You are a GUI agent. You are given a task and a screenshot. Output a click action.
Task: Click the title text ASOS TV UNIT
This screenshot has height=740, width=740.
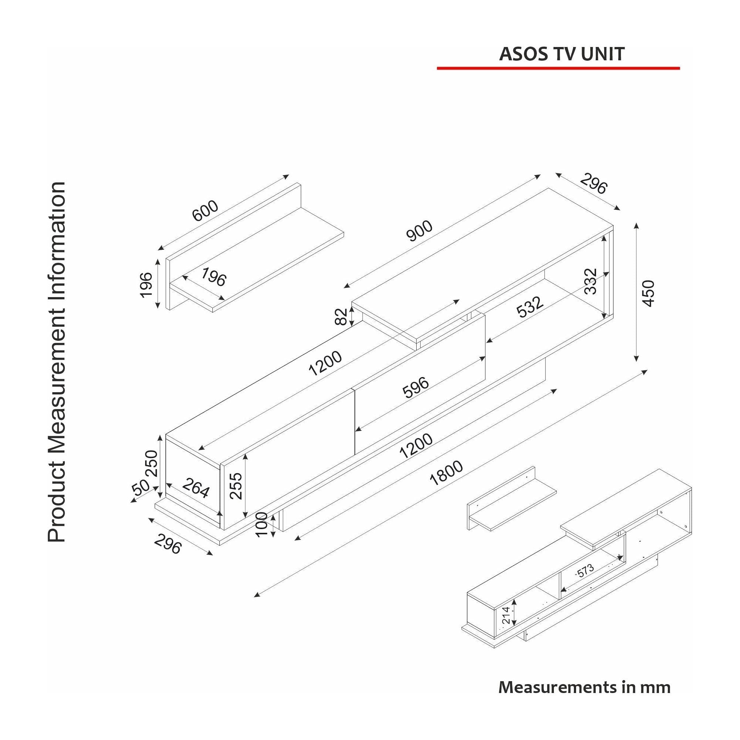pyautogui.click(x=562, y=54)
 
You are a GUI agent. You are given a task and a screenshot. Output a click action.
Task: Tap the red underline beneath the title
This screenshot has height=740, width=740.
pyautogui.click(x=558, y=68)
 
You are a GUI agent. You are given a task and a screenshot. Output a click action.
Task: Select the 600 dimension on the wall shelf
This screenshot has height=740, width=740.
pyautogui.click(x=205, y=211)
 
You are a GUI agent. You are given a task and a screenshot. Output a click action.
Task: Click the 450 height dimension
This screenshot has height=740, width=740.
pyautogui.click(x=649, y=293)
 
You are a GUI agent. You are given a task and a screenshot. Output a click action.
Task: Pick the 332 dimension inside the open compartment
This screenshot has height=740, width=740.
pyautogui.click(x=591, y=281)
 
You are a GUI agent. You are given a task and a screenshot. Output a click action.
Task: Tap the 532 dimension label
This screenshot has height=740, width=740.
pyautogui.click(x=530, y=307)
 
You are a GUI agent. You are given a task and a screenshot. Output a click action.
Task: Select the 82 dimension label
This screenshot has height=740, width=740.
pyautogui.click(x=341, y=316)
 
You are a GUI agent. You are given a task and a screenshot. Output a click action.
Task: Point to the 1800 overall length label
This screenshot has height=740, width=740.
pyautogui.click(x=446, y=473)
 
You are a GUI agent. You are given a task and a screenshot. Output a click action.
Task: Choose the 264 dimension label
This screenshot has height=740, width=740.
pyautogui.click(x=196, y=488)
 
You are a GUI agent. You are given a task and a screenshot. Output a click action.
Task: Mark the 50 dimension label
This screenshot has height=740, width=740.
pyautogui.click(x=141, y=487)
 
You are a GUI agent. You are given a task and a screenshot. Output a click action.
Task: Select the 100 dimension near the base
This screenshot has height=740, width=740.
pyautogui.click(x=261, y=524)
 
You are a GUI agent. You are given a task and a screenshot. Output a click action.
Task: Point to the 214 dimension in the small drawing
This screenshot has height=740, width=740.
pyautogui.click(x=507, y=616)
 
